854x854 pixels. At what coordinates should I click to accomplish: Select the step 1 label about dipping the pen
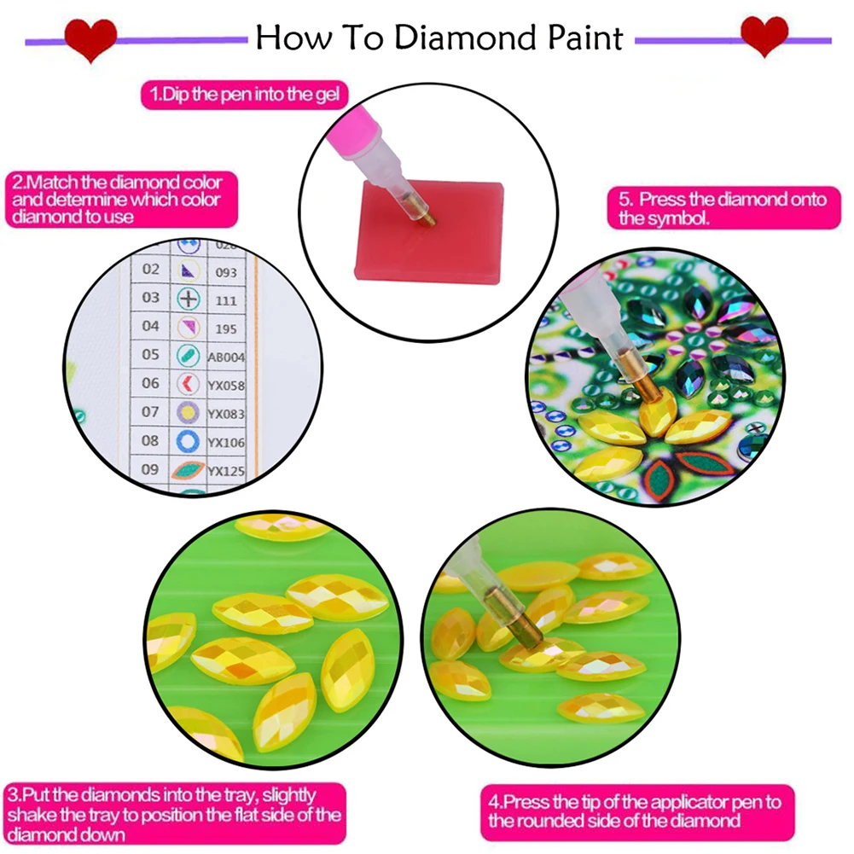tap(244, 95)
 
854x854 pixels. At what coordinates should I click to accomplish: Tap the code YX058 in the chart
tap(227, 386)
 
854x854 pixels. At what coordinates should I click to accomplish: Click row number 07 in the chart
tap(150, 412)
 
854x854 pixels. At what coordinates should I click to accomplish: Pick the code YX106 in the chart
tap(227, 442)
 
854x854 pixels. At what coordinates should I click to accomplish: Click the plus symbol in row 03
tap(188, 299)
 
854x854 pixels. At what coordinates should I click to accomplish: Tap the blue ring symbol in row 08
tap(188, 441)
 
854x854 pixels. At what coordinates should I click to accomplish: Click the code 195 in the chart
tap(224, 328)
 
